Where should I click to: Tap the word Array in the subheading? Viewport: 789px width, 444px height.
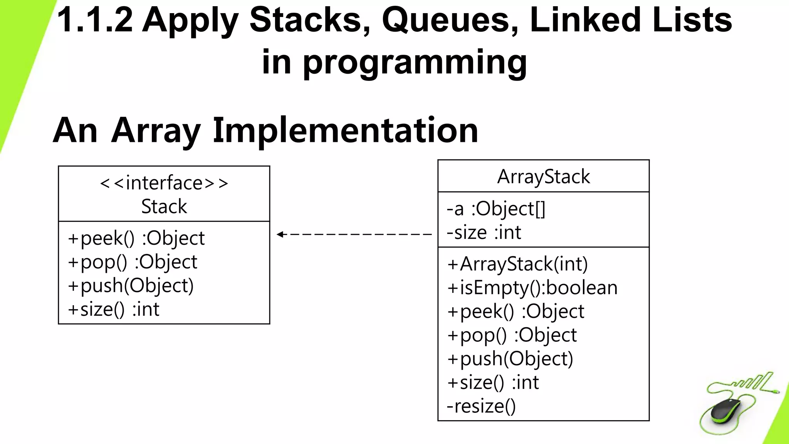156,131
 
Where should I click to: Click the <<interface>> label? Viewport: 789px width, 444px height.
164,183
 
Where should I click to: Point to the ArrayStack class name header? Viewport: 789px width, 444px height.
543,177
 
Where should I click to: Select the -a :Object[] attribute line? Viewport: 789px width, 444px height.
496,209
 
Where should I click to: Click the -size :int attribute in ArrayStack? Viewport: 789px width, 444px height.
484,233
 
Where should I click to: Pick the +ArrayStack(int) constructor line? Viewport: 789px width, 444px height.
518,264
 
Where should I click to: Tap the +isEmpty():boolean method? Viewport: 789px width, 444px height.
532,288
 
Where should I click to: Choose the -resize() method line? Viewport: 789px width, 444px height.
481,406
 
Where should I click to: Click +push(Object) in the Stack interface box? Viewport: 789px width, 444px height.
131,286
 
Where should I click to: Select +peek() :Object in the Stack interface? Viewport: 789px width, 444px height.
136,239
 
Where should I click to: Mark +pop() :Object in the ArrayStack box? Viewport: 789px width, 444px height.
512,335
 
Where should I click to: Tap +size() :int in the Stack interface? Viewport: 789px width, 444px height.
114,309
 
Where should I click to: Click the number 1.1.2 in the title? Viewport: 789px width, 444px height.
95,20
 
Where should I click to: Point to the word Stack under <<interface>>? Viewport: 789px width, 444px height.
164,207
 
